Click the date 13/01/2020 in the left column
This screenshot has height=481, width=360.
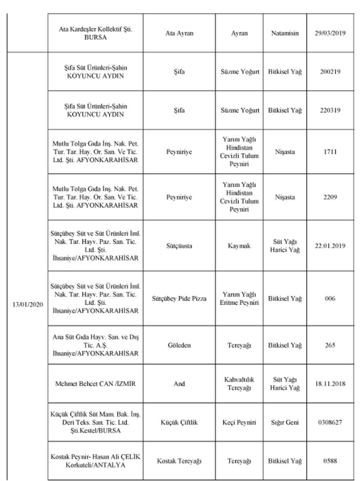coord(27,304)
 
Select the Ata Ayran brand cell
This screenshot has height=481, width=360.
coord(179,33)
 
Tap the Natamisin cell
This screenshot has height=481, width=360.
coord(285,33)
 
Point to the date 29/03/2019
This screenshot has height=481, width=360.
coord(330,33)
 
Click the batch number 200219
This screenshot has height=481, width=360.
coord(330,72)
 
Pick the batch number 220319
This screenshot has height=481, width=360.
coord(330,110)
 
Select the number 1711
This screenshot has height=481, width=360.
coord(330,152)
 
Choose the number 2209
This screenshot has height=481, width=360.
coord(330,197)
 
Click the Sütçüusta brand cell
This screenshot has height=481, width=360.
coord(179,246)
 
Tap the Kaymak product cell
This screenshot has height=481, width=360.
coord(239,246)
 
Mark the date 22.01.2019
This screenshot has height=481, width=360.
coord(330,246)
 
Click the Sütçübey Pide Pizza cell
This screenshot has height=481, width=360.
coord(179,299)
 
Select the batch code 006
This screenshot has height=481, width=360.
coord(330,299)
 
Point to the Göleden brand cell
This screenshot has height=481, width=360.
coord(179,345)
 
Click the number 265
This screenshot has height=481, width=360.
coord(330,345)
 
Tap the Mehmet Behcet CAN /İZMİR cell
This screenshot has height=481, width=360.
coord(95,384)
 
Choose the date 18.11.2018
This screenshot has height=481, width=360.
coord(330,384)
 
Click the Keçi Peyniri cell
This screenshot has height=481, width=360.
coord(239,422)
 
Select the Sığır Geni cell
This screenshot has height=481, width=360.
coord(285,422)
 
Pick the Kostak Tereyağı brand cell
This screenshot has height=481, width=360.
coord(179,461)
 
